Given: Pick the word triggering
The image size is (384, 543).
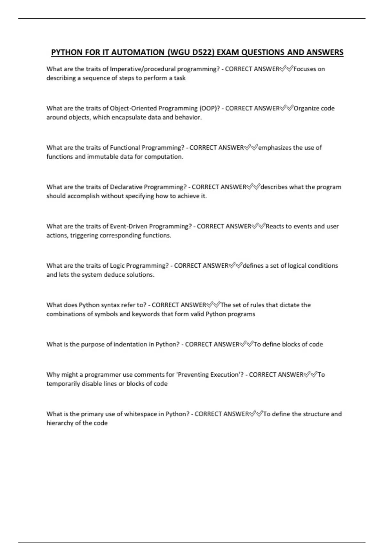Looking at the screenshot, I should tap(84, 235).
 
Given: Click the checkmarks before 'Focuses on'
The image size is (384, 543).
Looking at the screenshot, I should tap(286, 69).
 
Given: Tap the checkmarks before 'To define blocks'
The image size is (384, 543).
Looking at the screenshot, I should tap(247, 344).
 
